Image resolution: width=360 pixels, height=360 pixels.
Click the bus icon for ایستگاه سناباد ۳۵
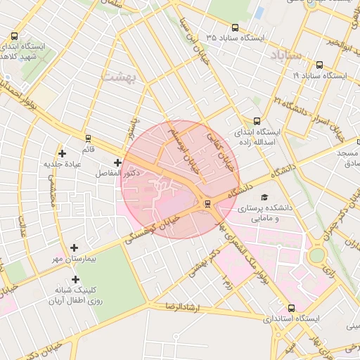click(x=235, y=28)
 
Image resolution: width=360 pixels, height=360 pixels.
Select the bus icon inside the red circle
click(x=207, y=204)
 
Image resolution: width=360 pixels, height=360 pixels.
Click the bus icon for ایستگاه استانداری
click(x=291, y=308)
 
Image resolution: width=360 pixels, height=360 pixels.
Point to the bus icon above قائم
click(x=88, y=139)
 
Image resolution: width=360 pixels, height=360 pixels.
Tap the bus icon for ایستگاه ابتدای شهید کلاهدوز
click(x=15, y=37)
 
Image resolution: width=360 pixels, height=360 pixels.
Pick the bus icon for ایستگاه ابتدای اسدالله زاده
click(x=257, y=121)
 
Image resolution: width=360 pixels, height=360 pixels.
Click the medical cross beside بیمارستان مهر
click(x=74, y=247)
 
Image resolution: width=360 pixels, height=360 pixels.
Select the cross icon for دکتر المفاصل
click(x=117, y=163)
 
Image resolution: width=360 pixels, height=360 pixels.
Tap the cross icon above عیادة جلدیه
click(x=63, y=153)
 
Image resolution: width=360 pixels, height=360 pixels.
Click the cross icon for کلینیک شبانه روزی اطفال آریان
click(x=75, y=279)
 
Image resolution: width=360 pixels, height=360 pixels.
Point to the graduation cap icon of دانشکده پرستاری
click(x=264, y=198)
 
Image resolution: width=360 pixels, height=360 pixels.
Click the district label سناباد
click(x=285, y=54)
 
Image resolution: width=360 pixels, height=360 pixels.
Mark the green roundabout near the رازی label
click(x=316, y=255)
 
